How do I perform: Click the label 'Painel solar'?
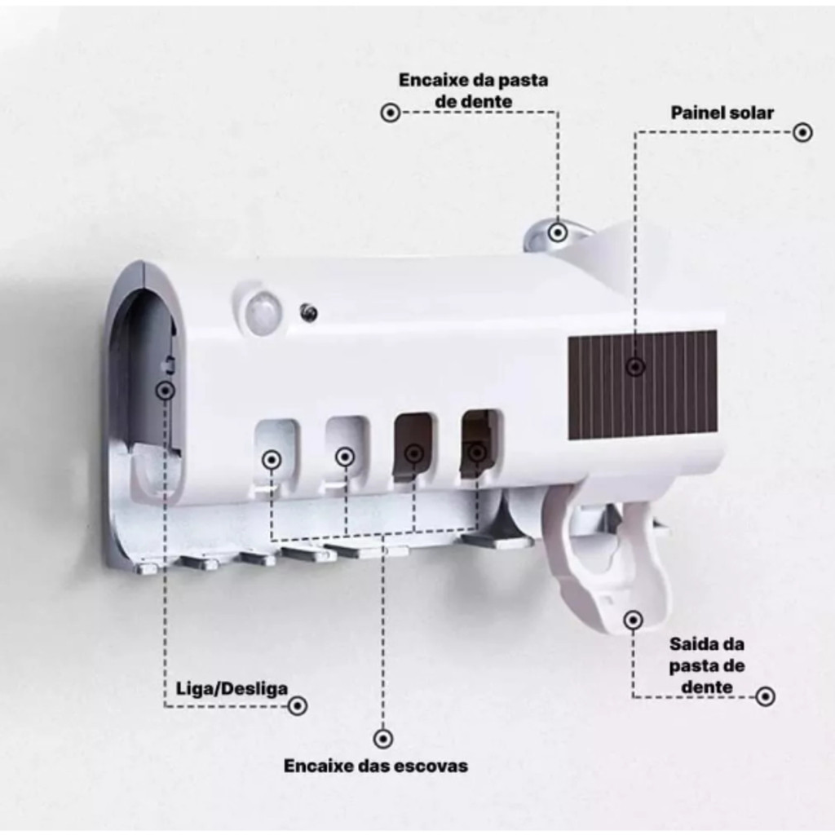(722, 113)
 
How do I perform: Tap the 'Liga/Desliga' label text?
(232, 688)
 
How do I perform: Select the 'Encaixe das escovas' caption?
(376, 766)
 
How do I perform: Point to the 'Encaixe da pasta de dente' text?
(473, 91)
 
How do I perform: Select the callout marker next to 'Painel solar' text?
(803, 132)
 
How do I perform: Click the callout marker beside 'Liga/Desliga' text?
(298, 706)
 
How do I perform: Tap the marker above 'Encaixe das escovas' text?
(381, 739)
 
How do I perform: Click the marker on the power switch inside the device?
(166, 391)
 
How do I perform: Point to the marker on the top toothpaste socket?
(558, 232)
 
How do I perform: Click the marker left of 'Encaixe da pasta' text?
(391, 113)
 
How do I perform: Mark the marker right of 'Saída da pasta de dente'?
(765, 696)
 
